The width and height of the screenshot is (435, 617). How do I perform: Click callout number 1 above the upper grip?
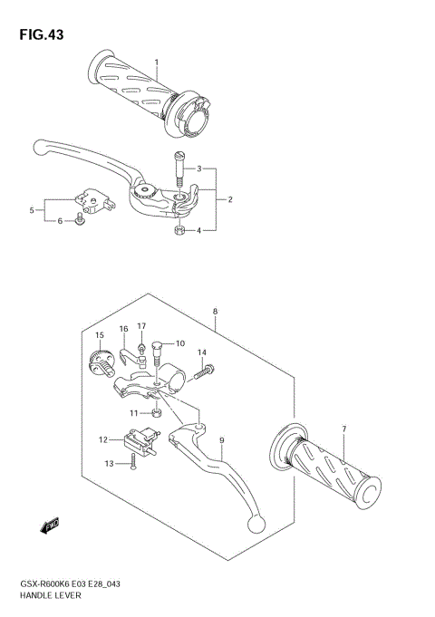156,63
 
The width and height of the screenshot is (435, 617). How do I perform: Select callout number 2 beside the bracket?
230,199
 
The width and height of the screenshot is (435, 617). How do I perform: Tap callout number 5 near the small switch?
32,210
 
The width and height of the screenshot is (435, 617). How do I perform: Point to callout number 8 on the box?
215,312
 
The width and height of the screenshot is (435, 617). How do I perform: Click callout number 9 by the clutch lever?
220,442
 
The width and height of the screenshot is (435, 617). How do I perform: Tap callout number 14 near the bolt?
202,352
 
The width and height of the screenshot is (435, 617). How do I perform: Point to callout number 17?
141,326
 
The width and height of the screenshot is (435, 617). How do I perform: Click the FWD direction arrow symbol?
50,525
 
